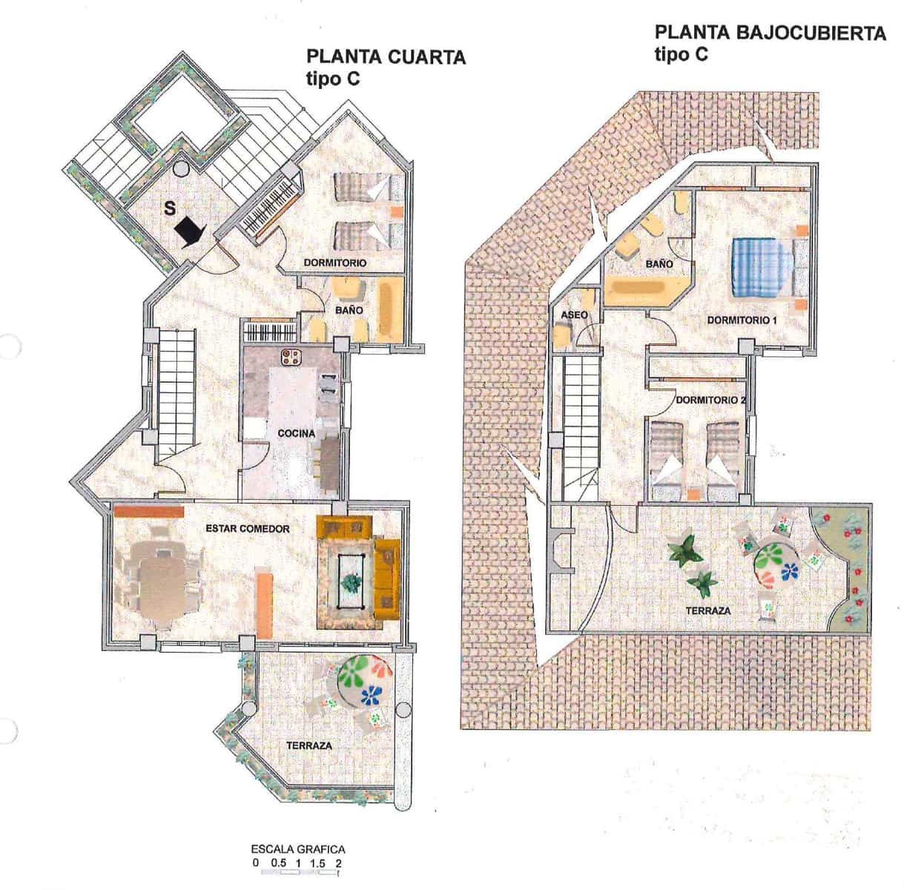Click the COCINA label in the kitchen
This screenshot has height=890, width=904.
[x=296, y=433]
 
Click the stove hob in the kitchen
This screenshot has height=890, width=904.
[x=290, y=357]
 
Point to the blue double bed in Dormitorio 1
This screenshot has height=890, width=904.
[x=759, y=267]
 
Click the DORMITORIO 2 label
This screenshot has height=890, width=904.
[x=710, y=400]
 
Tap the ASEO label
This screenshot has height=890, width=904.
[x=574, y=315]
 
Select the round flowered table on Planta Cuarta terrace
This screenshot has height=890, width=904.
[x=365, y=679]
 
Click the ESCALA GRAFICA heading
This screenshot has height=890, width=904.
[x=298, y=848]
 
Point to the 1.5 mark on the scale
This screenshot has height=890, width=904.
[x=318, y=863]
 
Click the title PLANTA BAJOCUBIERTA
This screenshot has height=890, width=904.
[x=770, y=33]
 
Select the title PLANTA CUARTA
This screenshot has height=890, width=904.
[x=386, y=57]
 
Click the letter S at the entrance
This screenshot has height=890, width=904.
[x=170, y=208]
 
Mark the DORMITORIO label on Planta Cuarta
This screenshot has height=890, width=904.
[x=335, y=263]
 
